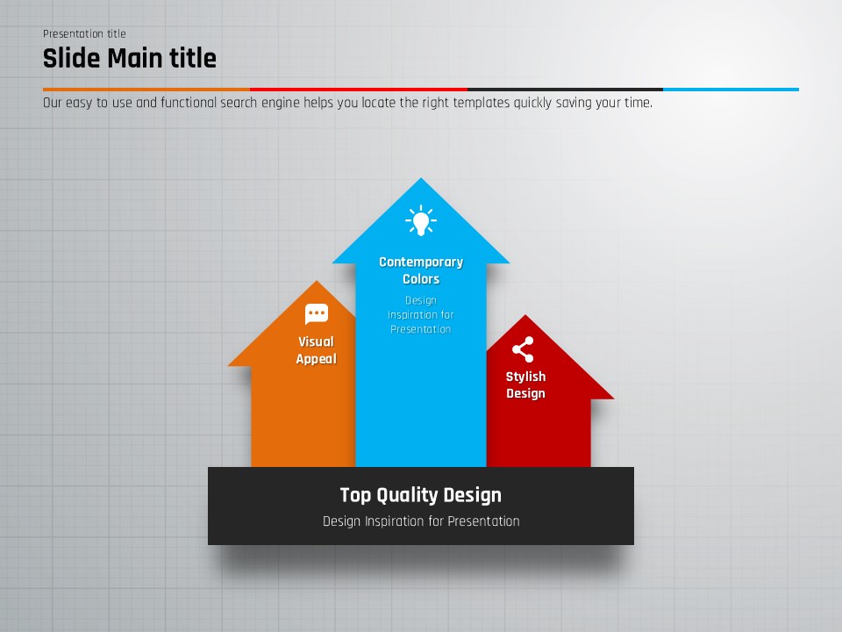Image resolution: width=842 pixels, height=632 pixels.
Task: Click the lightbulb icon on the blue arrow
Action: click(x=421, y=220)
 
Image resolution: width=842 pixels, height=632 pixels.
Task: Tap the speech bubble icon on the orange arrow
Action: click(x=317, y=314)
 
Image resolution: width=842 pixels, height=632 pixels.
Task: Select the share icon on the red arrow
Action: click(x=523, y=349)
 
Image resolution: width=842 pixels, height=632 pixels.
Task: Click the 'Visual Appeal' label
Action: click(x=317, y=350)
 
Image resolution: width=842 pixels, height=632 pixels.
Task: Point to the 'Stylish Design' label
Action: click(x=525, y=384)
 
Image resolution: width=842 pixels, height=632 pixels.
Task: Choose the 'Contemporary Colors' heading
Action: click(x=421, y=270)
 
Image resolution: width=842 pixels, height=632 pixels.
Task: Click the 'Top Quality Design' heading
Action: click(x=421, y=495)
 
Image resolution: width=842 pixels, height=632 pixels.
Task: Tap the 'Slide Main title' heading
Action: click(x=130, y=58)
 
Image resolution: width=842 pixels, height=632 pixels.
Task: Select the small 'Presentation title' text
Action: click(x=84, y=34)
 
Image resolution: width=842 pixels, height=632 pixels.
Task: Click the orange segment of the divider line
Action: click(x=146, y=90)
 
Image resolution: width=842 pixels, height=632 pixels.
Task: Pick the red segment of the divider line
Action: click(x=359, y=90)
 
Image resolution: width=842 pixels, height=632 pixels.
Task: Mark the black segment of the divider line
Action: click(x=566, y=90)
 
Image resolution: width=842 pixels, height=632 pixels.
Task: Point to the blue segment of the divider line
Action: click(x=731, y=90)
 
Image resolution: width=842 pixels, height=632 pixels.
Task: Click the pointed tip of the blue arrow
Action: click(x=421, y=178)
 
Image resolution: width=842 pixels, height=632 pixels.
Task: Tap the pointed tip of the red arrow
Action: click(x=525, y=315)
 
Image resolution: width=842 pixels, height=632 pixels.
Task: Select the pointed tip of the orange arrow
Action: click(x=317, y=281)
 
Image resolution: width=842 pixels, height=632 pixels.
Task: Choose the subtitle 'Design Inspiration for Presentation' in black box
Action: click(x=421, y=521)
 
